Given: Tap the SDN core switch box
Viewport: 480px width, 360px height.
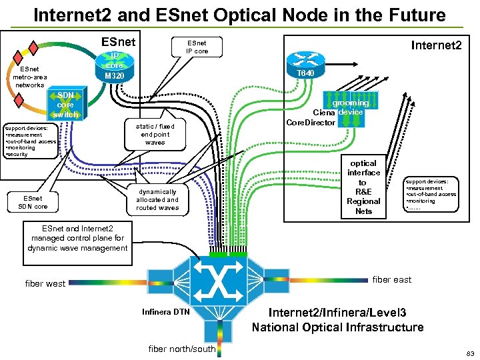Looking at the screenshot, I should point(65,105).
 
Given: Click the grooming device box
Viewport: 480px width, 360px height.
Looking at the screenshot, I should point(351,103).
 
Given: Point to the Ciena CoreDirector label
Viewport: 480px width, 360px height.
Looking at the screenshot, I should point(315,117).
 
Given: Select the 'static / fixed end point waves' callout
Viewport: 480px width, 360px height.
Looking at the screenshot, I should point(155,134).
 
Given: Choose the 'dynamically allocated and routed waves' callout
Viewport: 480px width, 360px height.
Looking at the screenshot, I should point(157,199).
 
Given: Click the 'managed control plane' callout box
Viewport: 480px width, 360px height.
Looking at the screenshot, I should point(79,238).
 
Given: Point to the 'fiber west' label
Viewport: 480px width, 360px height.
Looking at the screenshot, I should point(45,283).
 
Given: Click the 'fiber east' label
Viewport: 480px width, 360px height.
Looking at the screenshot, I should point(391,279).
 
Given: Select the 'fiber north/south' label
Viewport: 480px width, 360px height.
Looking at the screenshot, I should point(182,349).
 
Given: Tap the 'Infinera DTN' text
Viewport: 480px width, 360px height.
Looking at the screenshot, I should point(167,312).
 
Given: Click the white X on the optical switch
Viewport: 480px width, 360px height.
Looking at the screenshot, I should point(219,283).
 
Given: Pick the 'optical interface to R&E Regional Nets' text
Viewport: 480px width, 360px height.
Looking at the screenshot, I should point(363,187).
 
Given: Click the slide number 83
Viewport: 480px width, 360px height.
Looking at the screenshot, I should point(469,352).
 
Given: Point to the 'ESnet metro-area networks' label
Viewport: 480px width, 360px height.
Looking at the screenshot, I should point(29,77).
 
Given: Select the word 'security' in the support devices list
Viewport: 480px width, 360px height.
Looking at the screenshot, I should point(17,154).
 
